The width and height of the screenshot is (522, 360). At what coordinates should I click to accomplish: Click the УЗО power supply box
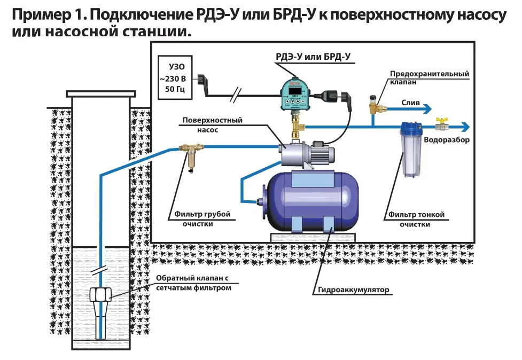173,79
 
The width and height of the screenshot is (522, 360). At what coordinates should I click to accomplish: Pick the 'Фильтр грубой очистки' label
201,219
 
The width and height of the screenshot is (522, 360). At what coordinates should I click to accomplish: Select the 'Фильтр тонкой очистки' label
416,220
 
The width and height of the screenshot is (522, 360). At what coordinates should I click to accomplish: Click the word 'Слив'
410,101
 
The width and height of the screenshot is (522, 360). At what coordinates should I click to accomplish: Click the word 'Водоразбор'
446,140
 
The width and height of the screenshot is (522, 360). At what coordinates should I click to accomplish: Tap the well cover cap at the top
100,94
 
